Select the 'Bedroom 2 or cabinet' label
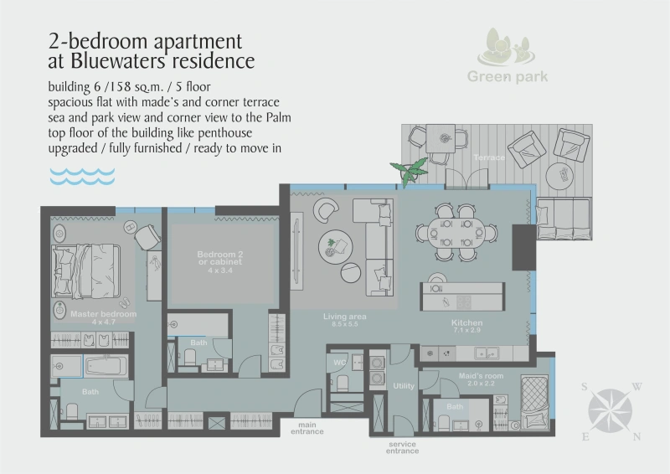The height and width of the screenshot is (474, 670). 220,259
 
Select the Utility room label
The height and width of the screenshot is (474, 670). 404,385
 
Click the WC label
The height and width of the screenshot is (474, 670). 340,363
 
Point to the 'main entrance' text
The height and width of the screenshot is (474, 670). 307,428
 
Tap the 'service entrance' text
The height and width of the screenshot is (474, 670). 403,448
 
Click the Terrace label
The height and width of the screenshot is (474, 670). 489,157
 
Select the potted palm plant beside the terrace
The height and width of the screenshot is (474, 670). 410,173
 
